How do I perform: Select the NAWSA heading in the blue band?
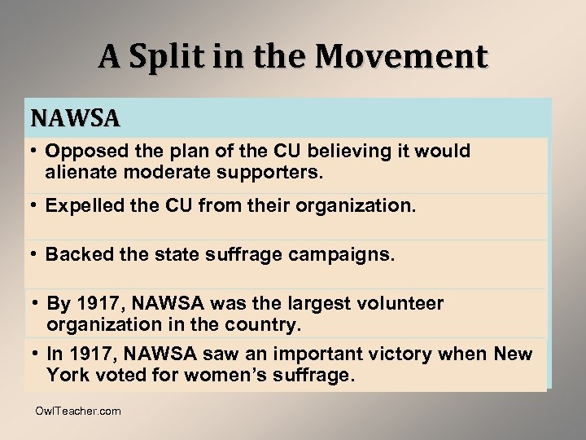coord(76,119)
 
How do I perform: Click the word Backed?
coord(74,255)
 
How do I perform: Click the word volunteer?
coord(399,304)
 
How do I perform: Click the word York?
coord(67,376)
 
